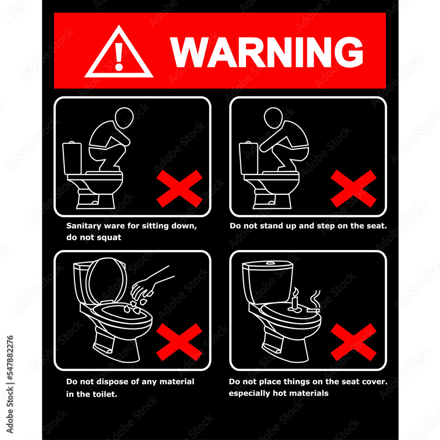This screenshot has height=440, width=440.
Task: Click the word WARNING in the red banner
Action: coord(267,52)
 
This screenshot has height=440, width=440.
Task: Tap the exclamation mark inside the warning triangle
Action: coord(119,56)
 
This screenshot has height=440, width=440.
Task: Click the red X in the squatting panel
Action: coord(180,189)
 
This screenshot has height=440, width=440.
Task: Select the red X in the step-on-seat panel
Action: coord(354,189)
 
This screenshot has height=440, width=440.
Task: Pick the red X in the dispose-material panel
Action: coord(180,342)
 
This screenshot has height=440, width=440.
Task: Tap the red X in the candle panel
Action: coord(354,342)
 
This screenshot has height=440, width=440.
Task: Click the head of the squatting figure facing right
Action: coord(124,117)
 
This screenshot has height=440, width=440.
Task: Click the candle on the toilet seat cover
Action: coord(295,300)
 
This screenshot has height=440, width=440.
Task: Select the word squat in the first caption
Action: coord(110,238)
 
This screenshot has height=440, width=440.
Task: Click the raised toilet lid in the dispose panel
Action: coord(106,281)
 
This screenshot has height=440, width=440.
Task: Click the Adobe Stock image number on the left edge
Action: coord(10,357)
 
